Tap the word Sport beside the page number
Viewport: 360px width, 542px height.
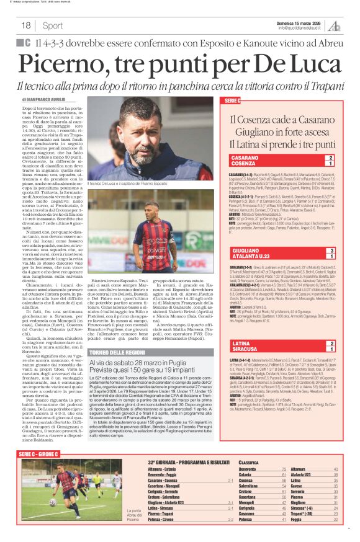[53, 25]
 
